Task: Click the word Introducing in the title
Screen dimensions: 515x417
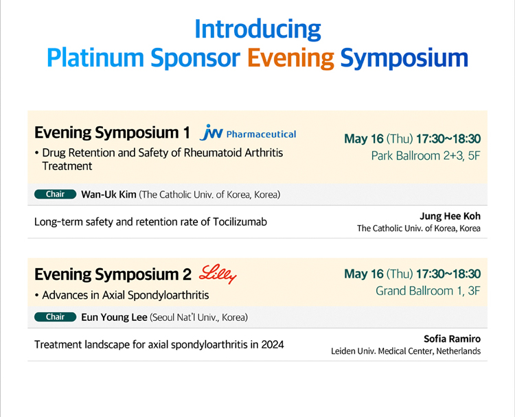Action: pos(257,29)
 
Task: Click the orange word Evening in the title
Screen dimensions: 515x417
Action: pos(290,59)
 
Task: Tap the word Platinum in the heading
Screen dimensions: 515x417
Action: pos(95,58)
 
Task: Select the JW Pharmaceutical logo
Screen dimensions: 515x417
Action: pos(248,132)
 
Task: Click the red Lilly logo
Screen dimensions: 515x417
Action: pos(218,274)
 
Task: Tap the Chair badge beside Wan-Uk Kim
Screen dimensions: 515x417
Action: pos(55,194)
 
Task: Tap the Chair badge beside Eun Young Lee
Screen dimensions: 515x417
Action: pos(55,317)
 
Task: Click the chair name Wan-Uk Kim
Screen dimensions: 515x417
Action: pos(108,195)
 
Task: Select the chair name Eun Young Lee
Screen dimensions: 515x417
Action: pos(114,318)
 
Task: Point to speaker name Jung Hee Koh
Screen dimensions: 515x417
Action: pos(450,216)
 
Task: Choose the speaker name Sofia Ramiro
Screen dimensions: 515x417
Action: pos(452,339)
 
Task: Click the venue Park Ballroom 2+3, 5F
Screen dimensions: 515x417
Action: pos(426,156)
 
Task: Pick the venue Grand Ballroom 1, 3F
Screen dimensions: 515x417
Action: pos(428,291)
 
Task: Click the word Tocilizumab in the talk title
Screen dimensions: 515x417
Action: pos(240,222)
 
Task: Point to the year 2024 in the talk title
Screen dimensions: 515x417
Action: pos(273,345)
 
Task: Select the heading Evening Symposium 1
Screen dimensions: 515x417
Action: pos(112,132)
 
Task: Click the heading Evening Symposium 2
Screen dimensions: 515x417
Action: pos(113,274)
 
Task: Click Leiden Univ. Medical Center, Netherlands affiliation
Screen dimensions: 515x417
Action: pos(406,351)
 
